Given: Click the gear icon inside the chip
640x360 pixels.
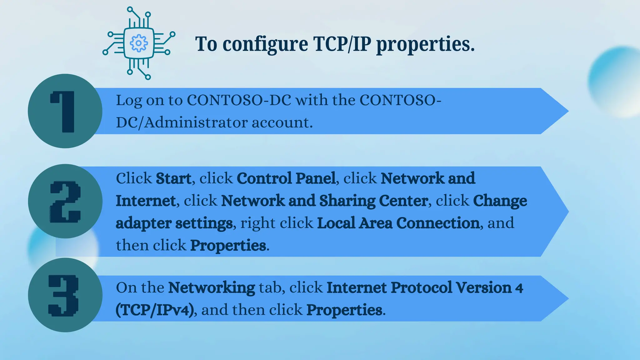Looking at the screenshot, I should click(x=138, y=43).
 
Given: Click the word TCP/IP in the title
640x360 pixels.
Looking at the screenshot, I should click(x=342, y=44).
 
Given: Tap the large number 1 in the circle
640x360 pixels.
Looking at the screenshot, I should click(x=64, y=111).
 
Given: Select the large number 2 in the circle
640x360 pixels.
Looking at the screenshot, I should click(x=65, y=202).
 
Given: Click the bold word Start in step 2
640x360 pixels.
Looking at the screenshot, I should click(x=173, y=178).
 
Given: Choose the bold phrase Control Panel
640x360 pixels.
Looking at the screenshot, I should click(x=286, y=178).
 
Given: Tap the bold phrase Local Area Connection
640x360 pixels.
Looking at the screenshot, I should click(x=398, y=223).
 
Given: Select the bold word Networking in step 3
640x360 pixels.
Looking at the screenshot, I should click(x=212, y=287).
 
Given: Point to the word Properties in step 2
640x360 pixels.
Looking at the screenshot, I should click(x=228, y=245).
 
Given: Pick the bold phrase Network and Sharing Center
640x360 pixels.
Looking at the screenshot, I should click(x=324, y=201).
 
